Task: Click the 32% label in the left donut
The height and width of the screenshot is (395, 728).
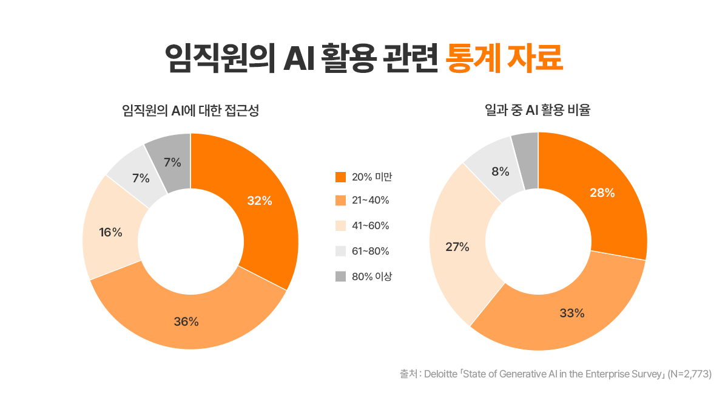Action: [259, 201]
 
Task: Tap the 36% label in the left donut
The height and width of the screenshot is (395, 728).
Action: [186, 321]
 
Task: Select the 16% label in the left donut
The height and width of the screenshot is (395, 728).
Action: [110, 232]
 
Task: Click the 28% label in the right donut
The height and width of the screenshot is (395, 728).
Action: [602, 193]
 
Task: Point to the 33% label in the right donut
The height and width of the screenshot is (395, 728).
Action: [572, 313]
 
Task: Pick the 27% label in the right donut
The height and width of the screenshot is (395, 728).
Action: [458, 247]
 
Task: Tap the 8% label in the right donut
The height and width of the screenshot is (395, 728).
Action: [500, 171]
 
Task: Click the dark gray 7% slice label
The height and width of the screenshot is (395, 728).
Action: [172, 162]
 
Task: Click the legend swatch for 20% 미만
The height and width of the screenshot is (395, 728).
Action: [340, 177]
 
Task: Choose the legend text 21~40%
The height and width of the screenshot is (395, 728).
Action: [370, 201]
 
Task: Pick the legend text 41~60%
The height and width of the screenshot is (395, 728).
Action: [370, 226]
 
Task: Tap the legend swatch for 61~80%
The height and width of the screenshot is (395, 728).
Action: [340, 251]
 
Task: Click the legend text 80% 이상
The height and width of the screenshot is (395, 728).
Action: [372, 276]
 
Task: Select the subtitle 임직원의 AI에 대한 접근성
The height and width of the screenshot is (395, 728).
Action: [190, 111]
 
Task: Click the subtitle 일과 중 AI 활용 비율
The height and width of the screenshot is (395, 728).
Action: [538, 111]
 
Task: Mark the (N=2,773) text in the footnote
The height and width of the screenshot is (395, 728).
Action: [689, 374]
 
